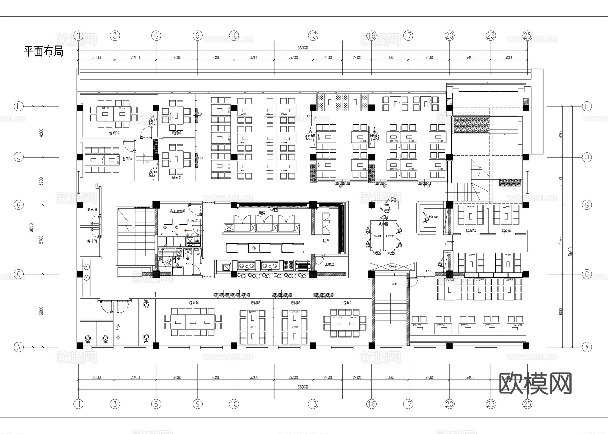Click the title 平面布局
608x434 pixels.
(x=44, y=51)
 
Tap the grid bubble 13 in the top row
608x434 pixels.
(x=313, y=35)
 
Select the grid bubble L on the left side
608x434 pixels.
(x=19, y=107)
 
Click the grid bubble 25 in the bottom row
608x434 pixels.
(x=527, y=404)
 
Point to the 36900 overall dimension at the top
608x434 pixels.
(x=303, y=48)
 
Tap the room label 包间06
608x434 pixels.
(x=114, y=133)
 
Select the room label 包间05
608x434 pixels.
(x=127, y=159)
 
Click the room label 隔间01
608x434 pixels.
(x=177, y=177)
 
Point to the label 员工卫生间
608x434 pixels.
(x=177, y=211)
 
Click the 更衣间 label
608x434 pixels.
(x=92, y=209)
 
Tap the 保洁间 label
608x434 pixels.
(x=92, y=241)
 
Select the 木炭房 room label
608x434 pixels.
(x=329, y=265)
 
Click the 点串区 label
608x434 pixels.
(x=383, y=224)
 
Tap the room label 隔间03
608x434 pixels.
(x=471, y=231)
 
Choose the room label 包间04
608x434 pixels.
(x=194, y=303)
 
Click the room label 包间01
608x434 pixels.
(x=348, y=303)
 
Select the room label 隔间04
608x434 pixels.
(x=506, y=231)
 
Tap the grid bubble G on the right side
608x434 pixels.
(x=587, y=205)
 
